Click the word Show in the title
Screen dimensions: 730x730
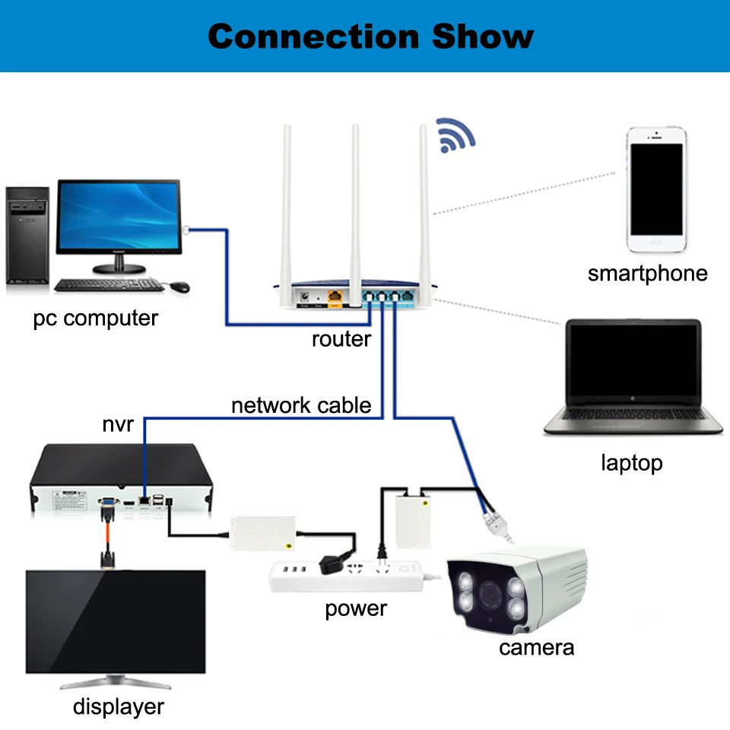pyautogui.click(x=483, y=36)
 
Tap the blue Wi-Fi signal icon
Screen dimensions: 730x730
pyautogui.click(x=455, y=135)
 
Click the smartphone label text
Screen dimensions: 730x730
pyautogui.click(x=647, y=274)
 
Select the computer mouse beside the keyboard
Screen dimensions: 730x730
pyautogui.click(x=179, y=287)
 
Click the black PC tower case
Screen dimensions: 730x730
pyautogui.click(x=27, y=236)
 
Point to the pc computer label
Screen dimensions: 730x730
pyautogui.click(x=96, y=319)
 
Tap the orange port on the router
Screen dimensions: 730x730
pyautogui.click(x=335, y=296)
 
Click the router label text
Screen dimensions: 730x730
pyautogui.click(x=341, y=339)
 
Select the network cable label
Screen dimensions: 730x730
pyautogui.click(x=301, y=405)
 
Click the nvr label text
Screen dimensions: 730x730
pyautogui.click(x=118, y=424)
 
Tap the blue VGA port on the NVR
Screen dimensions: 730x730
pyautogui.click(x=108, y=501)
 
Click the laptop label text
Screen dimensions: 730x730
pyautogui.click(x=632, y=463)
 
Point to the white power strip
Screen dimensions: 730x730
pyautogui.click(x=347, y=576)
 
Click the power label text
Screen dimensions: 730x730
pyautogui.click(x=356, y=609)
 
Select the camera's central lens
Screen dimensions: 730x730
pyautogui.click(x=490, y=595)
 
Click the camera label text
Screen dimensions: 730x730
pyautogui.click(x=536, y=648)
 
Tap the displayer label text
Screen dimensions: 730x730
pyautogui.click(x=119, y=707)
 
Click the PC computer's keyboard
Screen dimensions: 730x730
pyautogui.click(x=109, y=285)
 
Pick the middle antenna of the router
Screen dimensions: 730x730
pyautogui.click(x=355, y=214)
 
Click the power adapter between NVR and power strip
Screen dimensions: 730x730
pyautogui.click(x=263, y=534)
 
